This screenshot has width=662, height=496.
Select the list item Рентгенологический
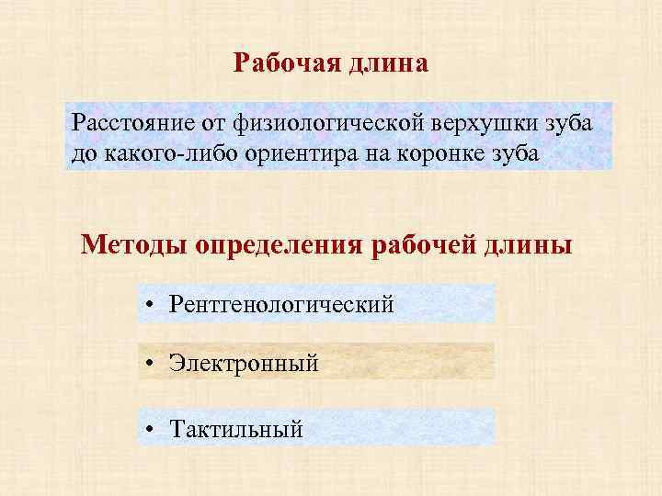point(281,303)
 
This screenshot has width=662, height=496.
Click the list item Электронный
point(244,363)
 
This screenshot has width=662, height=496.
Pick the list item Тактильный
point(236,428)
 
